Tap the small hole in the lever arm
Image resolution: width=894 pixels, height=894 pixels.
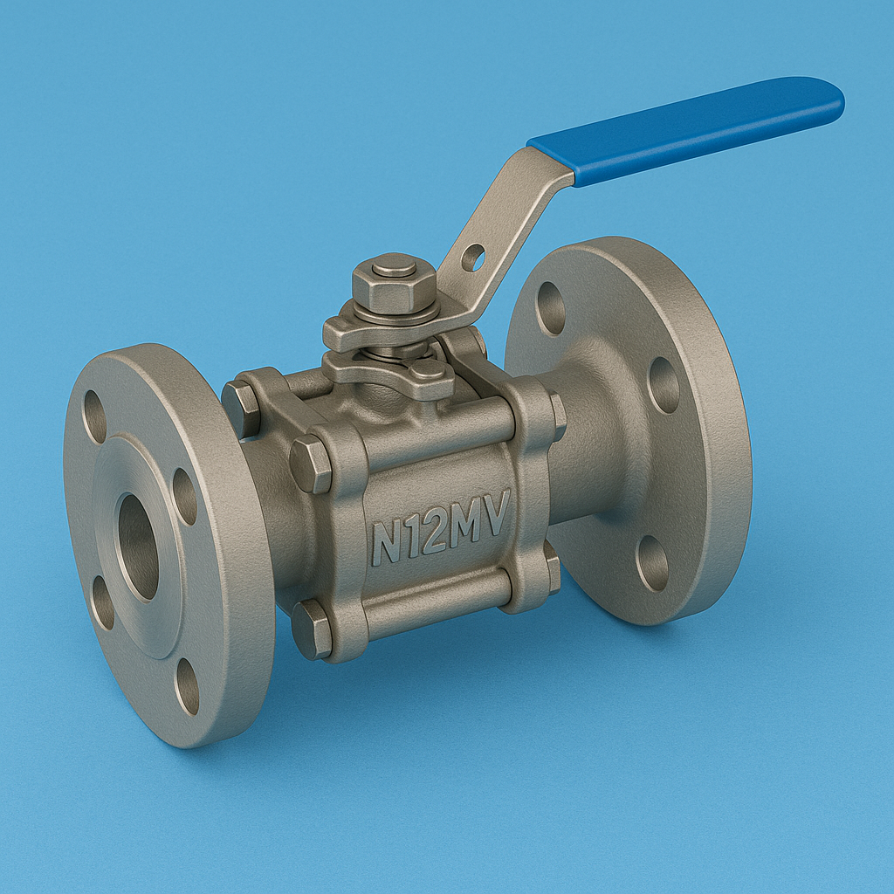click(x=472, y=257)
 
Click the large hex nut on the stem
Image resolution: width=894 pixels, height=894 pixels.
click(x=394, y=283)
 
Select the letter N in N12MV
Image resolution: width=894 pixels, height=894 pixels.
click(x=386, y=542)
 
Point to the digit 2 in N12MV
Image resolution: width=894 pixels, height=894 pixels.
click(x=432, y=533)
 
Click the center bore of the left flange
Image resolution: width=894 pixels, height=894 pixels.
click(x=138, y=547)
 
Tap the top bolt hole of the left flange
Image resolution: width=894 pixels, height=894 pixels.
click(x=94, y=416)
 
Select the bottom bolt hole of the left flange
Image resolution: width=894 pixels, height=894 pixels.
click(x=187, y=686)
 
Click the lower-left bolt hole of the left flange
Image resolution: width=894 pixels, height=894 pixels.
click(x=102, y=602)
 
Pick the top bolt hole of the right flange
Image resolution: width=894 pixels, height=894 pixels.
click(x=550, y=307)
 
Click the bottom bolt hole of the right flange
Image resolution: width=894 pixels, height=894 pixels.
click(x=651, y=563)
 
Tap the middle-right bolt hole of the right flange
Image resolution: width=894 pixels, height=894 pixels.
click(x=664, y=385)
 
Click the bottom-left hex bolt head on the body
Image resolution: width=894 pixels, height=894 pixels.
click(x=311, y=629)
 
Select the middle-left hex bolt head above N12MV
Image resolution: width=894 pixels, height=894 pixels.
click(x=311, y=464)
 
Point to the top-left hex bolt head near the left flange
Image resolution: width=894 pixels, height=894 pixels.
click(x=240, y=408)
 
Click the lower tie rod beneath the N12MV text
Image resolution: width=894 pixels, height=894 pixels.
click(x=437, y=602)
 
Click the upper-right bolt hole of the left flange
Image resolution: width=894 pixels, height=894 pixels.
click(x=184, y=496)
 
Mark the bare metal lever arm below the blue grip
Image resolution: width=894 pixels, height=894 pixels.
click(x=506, y=218)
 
